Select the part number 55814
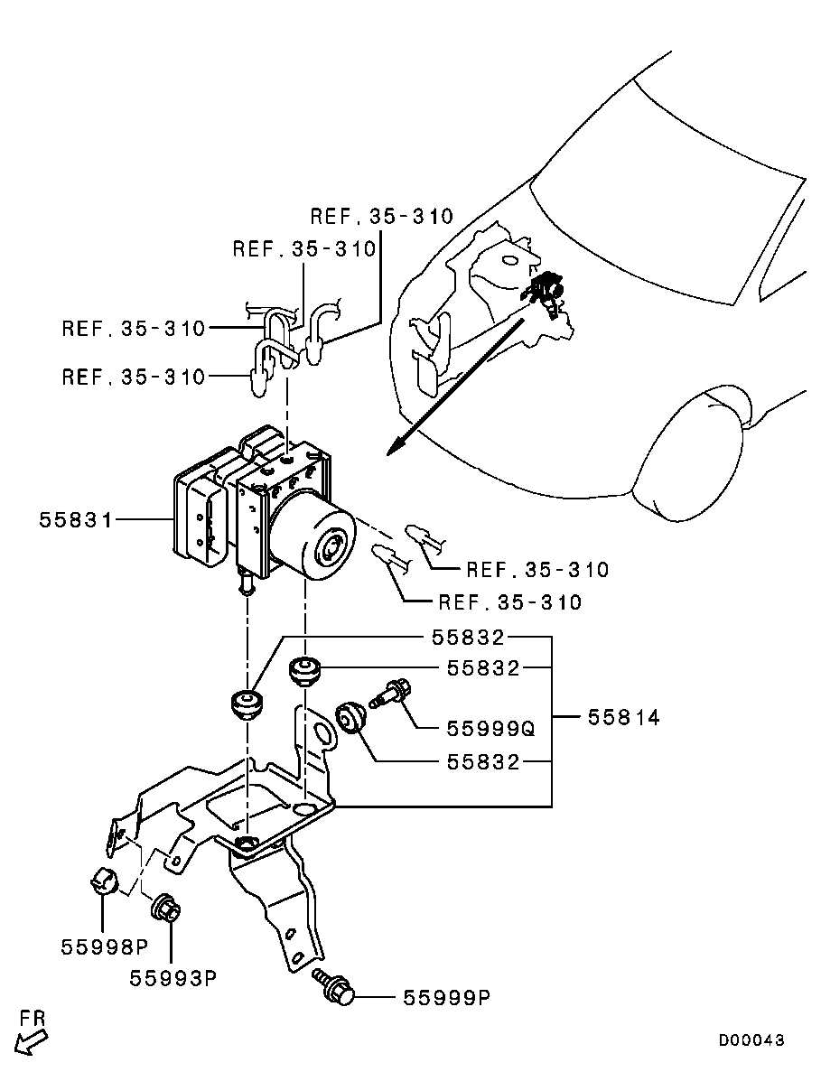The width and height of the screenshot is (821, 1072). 623,718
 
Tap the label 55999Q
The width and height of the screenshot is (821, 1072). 490,728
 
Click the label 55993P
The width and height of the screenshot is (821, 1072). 173,978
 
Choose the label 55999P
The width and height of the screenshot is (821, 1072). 446,998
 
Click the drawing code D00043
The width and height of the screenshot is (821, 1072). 751,1040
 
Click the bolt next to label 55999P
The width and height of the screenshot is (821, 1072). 334,990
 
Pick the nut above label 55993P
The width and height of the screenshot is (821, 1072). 166,906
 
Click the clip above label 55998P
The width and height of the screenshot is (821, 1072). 103,879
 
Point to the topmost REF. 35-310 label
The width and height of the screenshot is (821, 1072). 381,217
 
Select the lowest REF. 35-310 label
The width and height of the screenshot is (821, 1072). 509,601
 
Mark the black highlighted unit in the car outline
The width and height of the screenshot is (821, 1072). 544,289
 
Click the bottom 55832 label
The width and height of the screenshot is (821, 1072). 483,762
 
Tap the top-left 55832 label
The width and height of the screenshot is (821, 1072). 467,638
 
